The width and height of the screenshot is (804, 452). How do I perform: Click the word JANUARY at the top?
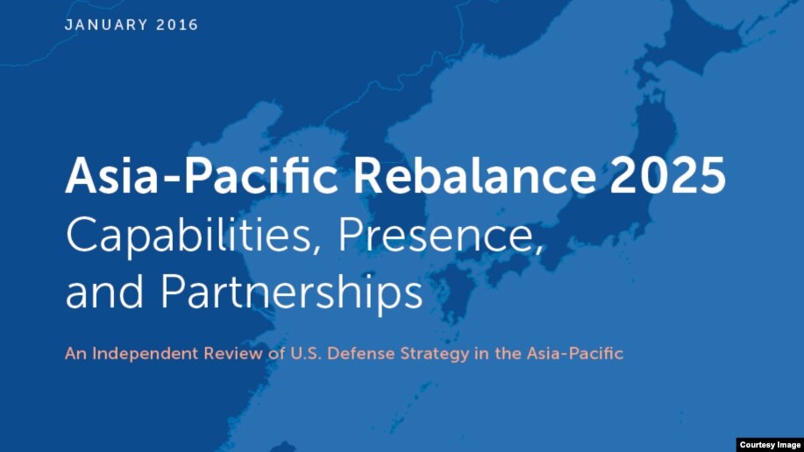[x=106, y=25]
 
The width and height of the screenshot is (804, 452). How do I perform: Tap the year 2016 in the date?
[x=177, y=25]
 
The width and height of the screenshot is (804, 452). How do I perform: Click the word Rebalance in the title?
[x=474, y=175]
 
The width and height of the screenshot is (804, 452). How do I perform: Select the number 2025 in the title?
[x=667, y=175]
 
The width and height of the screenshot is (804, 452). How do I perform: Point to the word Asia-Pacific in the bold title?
[x=201, y=175]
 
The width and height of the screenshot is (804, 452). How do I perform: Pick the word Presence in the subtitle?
[x=440, y=235]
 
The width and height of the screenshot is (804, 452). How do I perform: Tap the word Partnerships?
[x=292, y=292]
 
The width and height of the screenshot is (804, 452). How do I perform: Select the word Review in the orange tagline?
[x=233, y=354]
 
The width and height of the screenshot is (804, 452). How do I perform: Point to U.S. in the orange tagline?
[x=306, y=354]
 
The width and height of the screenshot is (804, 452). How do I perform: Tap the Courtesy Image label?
[x=770, y=445]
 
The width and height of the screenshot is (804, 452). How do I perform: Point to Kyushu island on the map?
[x=454, y=292]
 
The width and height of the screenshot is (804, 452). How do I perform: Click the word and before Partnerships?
[x=104, y=292]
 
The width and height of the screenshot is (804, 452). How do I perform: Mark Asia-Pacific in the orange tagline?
[x=575, y=354]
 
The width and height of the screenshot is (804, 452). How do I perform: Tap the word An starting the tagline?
[x=76, y=354]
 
